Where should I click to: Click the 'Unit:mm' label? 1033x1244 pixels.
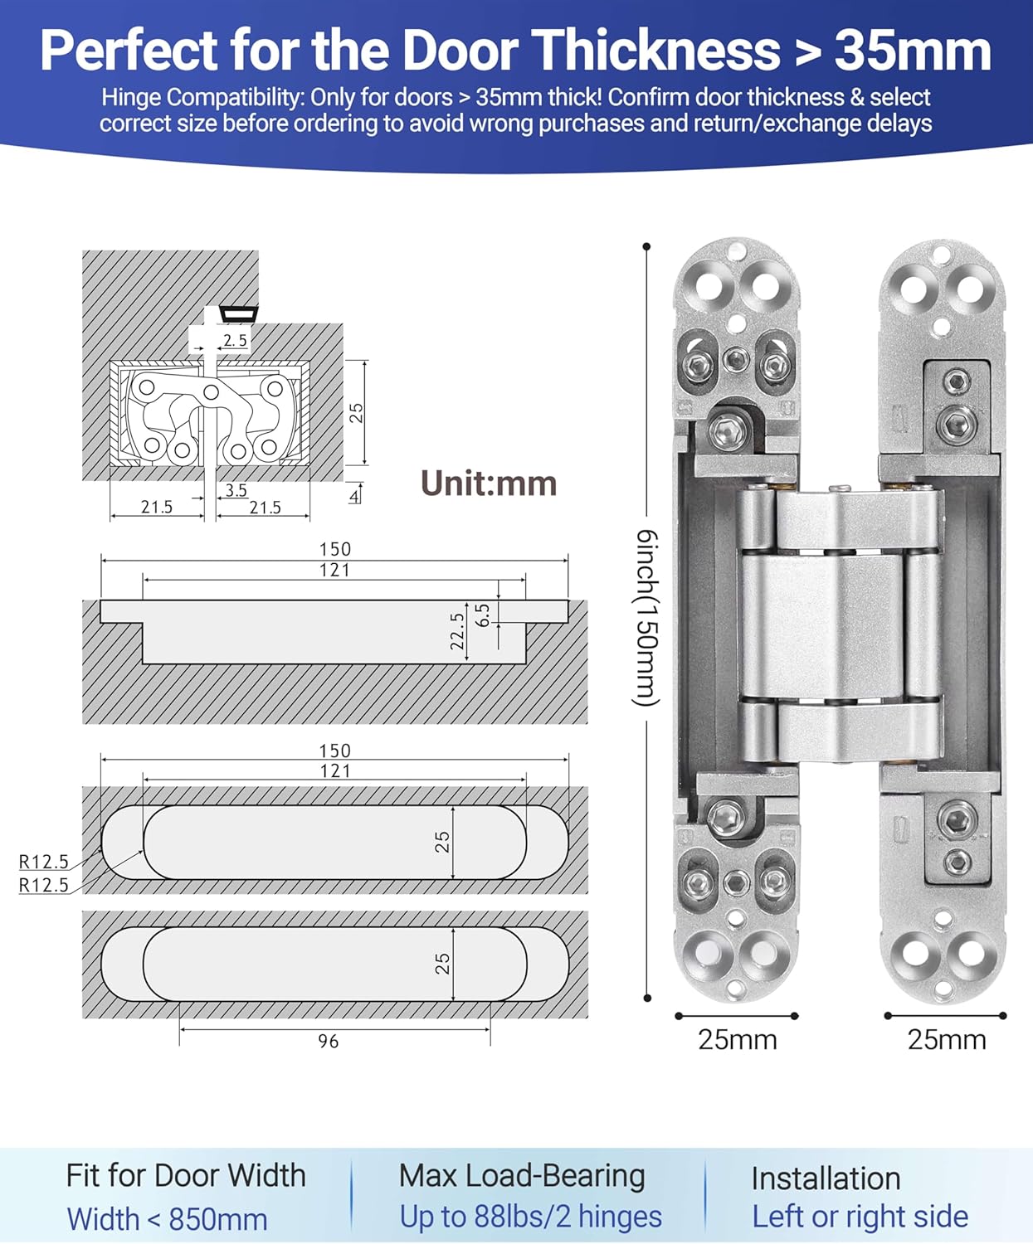pyautogui.click(x=489, y=484)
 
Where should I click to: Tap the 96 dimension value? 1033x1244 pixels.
pyautogui.click(x=329, y=1041)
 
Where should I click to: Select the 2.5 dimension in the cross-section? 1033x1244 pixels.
pyautogui.click(x=235, y=340)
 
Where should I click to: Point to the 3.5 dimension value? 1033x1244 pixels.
pyautogui.click(x=236, y=490)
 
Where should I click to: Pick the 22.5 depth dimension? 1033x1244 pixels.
pyautogui.click(x=457, y=631)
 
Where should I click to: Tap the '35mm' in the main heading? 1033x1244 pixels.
pyautogui.click(x=913, y=51)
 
